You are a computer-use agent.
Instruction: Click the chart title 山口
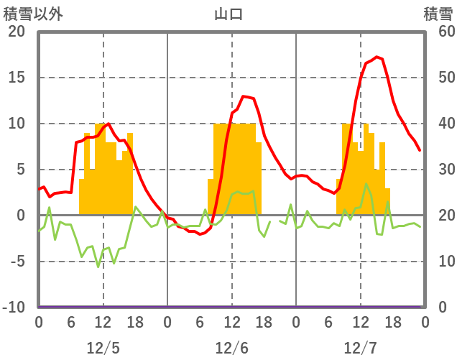pos(228,14)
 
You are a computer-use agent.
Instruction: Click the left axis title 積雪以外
pos(29,14)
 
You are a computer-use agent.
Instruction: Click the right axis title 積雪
pos(438,14)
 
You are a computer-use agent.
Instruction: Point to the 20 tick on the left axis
pos(17,32)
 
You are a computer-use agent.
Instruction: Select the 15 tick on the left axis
pos(17,78)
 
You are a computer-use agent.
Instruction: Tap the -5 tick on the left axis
pos(17,262)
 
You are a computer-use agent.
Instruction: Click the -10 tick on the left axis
pos(14,308)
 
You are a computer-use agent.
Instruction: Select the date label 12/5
pos(103,349)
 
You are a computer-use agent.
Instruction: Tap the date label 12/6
pos(231,349)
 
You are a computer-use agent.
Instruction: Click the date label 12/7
pos(360,349)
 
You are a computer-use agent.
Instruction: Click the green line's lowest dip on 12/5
pos(98,267)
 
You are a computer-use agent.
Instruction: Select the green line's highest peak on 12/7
pos(366,183)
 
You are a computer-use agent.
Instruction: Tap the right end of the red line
pos(420,150)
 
